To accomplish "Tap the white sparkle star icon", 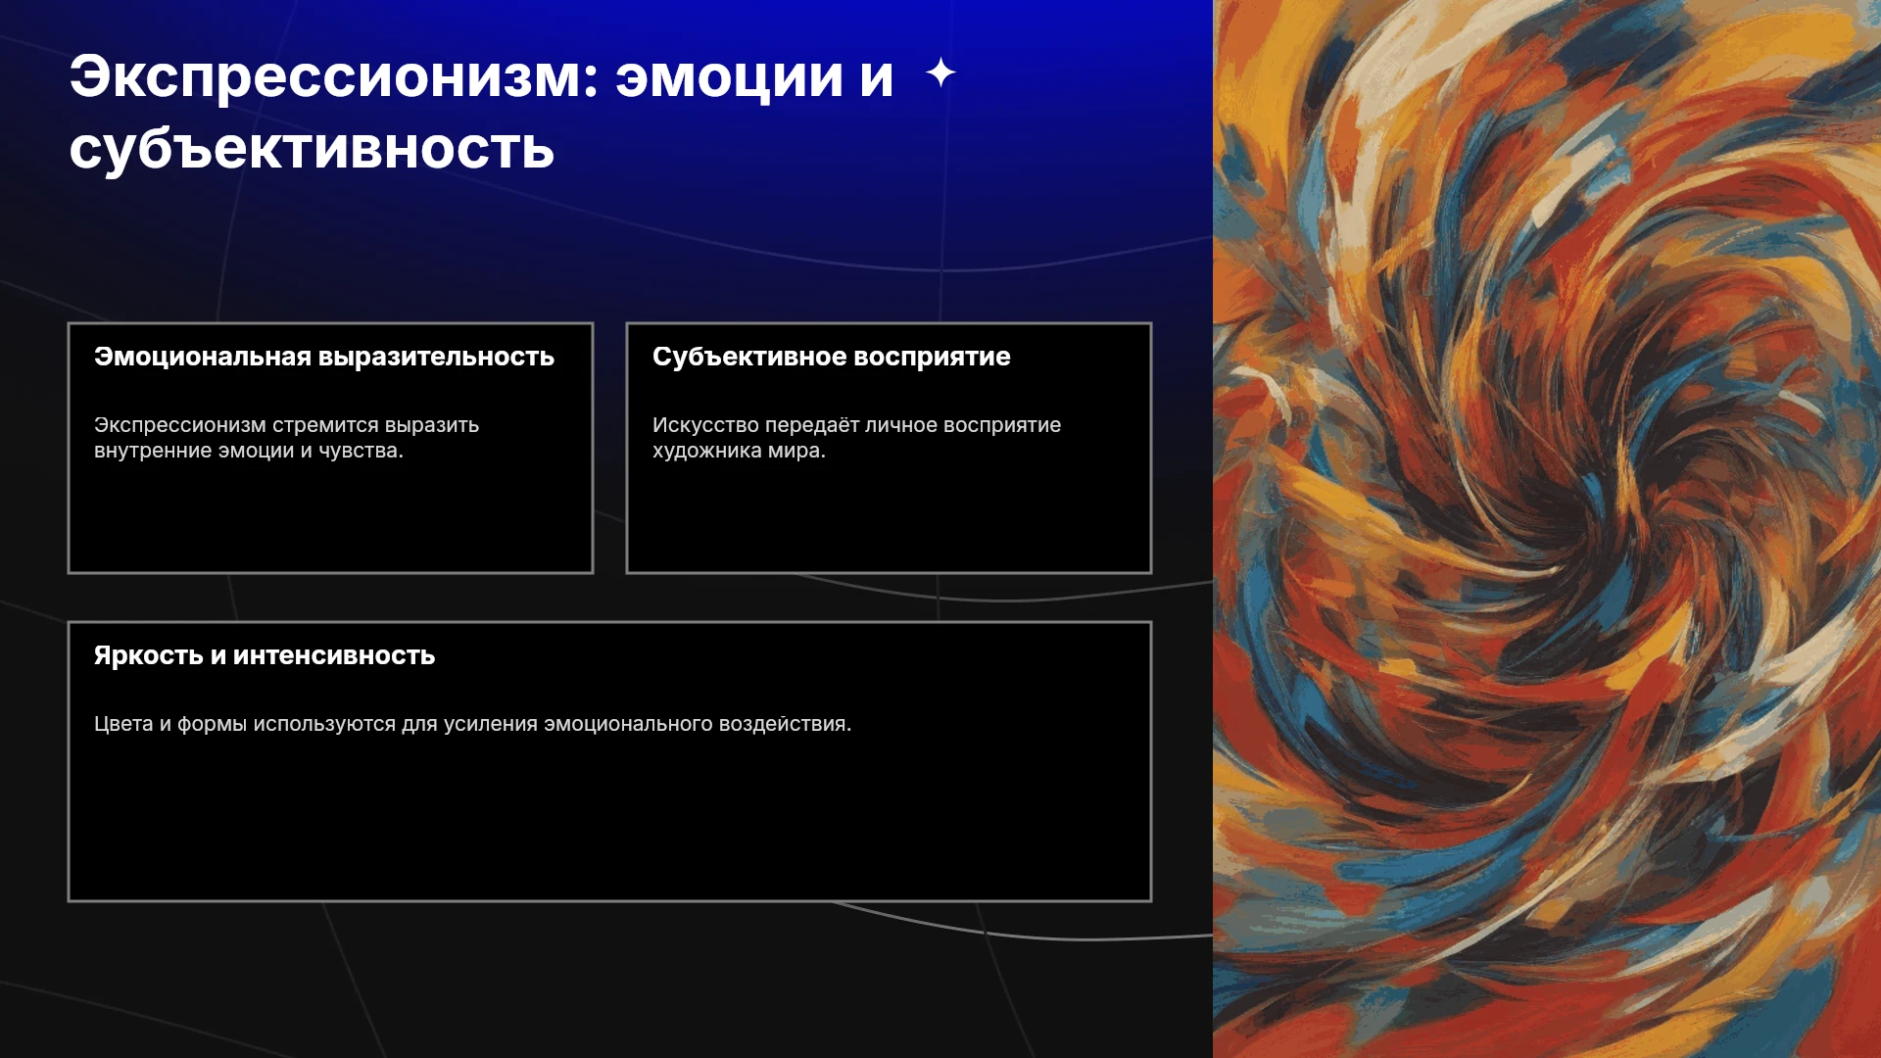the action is pos(940,72).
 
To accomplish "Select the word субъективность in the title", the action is pos(312,149).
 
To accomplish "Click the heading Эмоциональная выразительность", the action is pos(324,357).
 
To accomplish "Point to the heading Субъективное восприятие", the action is pos(831,357).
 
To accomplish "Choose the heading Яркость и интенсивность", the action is pos(265,655).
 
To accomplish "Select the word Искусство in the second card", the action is pos(705,425).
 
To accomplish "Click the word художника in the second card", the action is pos(707,451).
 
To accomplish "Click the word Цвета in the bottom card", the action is pos(123,724).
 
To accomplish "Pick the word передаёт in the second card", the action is pos(811,425).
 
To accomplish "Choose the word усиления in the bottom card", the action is pos(491,724).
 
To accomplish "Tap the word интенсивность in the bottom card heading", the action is pos(334,655).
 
